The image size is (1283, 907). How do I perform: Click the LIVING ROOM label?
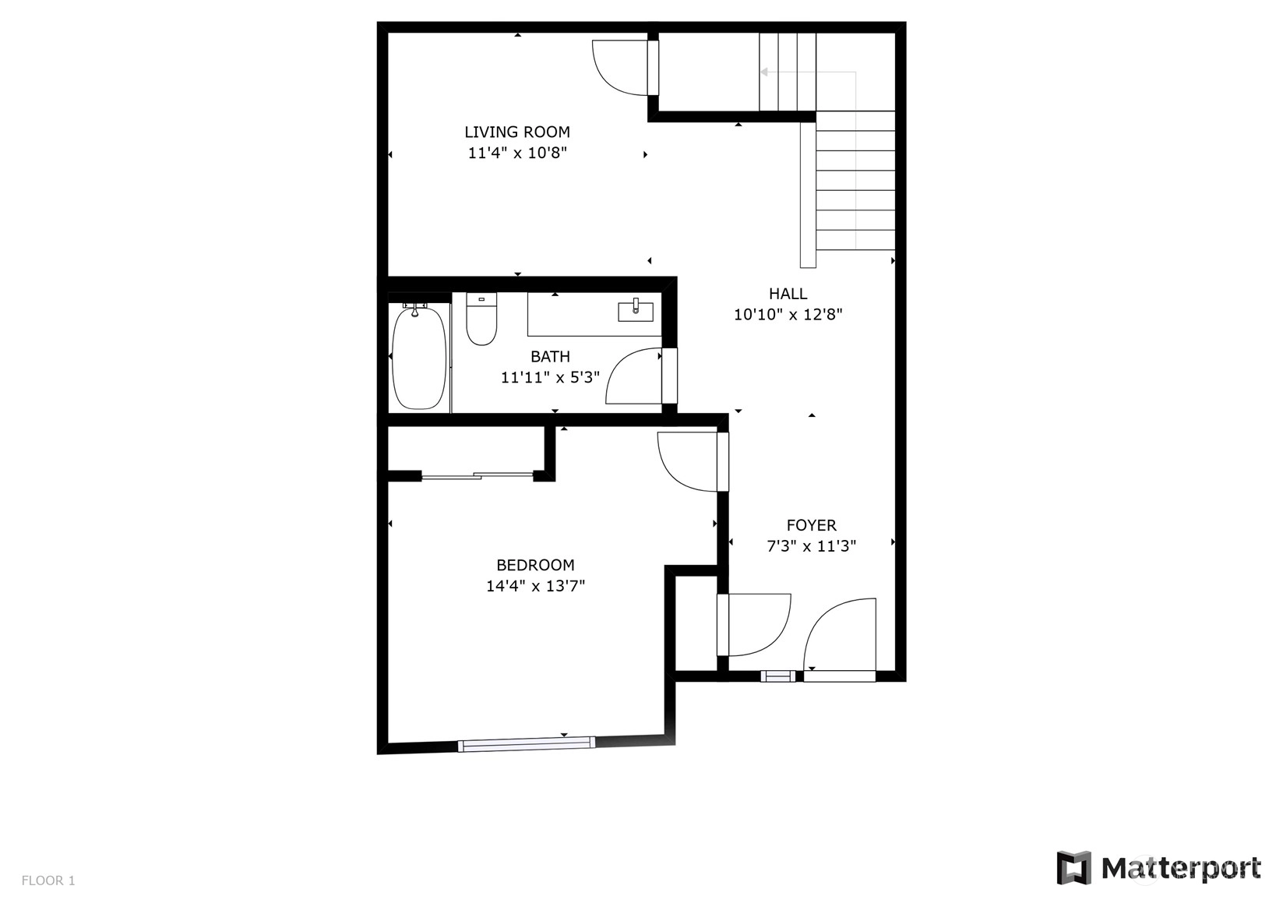[x=517, y=132]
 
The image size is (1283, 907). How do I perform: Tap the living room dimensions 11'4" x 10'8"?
[x=517, y=153]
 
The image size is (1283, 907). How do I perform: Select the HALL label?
[x=788, y=294]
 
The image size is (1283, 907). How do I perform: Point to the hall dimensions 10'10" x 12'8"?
[x=788, y=315]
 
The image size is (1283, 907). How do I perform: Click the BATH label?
[x=550, y=357]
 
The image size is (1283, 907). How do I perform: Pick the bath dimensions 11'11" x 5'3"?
[x=550, y=378]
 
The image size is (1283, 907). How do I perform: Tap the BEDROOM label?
[x=535, y=566]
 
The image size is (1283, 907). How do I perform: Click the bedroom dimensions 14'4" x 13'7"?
[x=535, y=586]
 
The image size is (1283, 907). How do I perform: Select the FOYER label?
[x=811, y=525]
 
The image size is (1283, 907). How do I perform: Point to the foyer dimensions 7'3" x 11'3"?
[x=811, y=546]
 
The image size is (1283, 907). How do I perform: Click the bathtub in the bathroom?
[x=418, y=357]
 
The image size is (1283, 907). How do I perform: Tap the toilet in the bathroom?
[x=481, y=319]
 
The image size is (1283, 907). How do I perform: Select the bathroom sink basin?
[x=635, y=312]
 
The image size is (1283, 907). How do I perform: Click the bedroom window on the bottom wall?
[x=527, y=743]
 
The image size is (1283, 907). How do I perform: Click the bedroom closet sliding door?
[x=478, y=475]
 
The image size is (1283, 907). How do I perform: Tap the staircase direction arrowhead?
[x=764, y=72]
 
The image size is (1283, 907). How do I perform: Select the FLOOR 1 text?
[x=48, y=881]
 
